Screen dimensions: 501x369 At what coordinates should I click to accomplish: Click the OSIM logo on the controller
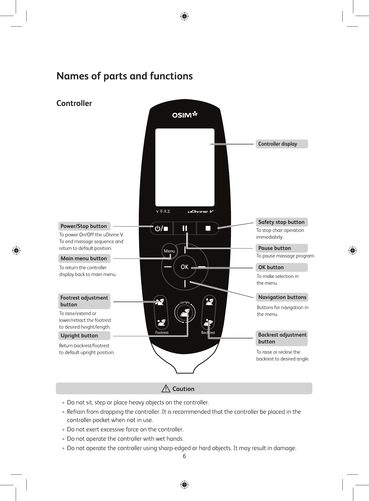(x=185, y=115)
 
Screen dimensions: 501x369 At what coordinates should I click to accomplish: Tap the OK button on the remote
(x=185, y=267)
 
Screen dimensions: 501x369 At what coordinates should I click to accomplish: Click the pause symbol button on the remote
(x=185, y=228)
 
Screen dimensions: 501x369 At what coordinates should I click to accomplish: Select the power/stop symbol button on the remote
(x=161, y=228)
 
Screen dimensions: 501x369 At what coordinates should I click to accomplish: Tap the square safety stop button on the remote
(x=208, y=228)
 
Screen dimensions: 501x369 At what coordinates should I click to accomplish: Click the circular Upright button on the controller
(x=185, y=313)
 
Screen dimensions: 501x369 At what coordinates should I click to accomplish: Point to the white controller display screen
(x=185, y=167)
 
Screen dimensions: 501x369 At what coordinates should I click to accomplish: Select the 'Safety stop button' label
(x=281, y=222)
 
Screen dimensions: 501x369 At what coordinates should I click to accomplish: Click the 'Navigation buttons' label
(x=282, y=297)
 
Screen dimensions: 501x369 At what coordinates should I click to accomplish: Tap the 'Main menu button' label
(x=84, y=258)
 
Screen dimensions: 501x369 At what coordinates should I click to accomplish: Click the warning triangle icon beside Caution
(x=166, y=389)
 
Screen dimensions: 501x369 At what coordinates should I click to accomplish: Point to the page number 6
(x=184, y=456)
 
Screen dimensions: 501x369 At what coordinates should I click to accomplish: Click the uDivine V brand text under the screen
(x=201, y=212)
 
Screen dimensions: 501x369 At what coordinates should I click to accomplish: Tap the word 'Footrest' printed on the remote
(x=162, y=332)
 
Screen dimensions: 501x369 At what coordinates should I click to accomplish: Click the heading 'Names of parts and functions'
(x=125, y=76)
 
